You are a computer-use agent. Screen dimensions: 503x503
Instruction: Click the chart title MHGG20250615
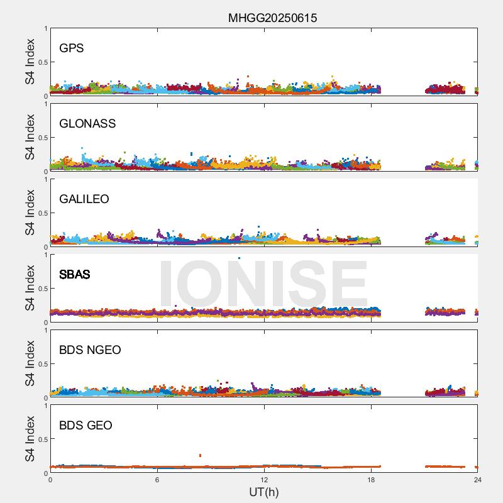coord(272,18)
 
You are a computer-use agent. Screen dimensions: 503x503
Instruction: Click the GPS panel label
coord(72,48)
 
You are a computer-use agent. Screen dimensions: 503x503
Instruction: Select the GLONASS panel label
coord(87,124)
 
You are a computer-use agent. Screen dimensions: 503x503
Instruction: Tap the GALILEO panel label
coord(84,199)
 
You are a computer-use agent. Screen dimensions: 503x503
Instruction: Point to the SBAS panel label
coord(75,275)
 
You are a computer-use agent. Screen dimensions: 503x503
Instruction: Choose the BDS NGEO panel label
coord(90,350)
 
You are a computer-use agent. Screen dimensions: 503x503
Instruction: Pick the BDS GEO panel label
coord(86,426)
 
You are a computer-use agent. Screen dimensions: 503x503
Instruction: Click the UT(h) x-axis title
coord(263,492)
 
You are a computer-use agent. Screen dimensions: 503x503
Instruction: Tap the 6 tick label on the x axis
coord(157,480)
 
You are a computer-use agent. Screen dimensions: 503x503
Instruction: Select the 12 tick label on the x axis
coord(264,480)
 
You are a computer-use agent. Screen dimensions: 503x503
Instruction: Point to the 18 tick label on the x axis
coord(371,480)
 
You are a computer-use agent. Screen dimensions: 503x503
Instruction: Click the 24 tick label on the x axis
coord(477,480)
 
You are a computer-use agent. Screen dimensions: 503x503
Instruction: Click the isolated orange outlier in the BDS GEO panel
coord(200,455)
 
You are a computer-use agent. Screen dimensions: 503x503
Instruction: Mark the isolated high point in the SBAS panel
coord(239,258)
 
